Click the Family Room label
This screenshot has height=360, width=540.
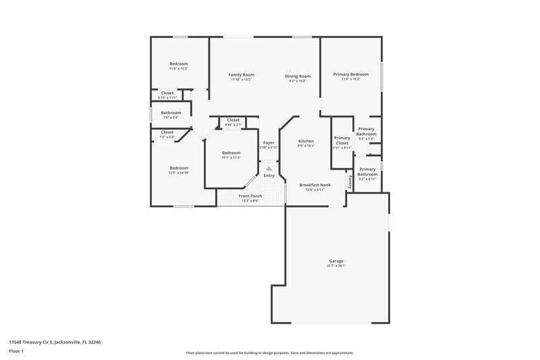click(x=241, y=75)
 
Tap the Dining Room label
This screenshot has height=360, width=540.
click(x=298, y=76)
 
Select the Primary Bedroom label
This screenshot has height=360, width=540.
click(x=350, y=74)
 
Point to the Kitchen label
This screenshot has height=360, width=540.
click(x=306, y=141)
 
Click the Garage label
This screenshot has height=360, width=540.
click(x=335, y=261)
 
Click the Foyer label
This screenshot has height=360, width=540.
click(x=268, y=143)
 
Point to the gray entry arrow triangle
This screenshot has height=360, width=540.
click(x=269, y=168)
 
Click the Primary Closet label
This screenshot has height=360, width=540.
click(x=342, y=140)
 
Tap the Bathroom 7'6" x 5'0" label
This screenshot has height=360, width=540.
click(x=171, y=113)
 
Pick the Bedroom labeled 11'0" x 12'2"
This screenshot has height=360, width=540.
click(x=178, y=64)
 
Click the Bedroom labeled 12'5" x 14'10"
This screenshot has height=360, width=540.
click(x=179, y=168)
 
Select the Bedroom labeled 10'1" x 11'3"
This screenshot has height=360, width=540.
click(x=231, y=153)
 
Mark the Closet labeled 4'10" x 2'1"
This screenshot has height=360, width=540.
click(x=233, y=120)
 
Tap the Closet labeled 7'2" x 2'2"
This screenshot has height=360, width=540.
click(x=167, y=132)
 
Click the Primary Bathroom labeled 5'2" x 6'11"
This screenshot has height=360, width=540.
click(x=367, y=172)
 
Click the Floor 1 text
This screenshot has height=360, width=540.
click(x=17, y=351)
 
